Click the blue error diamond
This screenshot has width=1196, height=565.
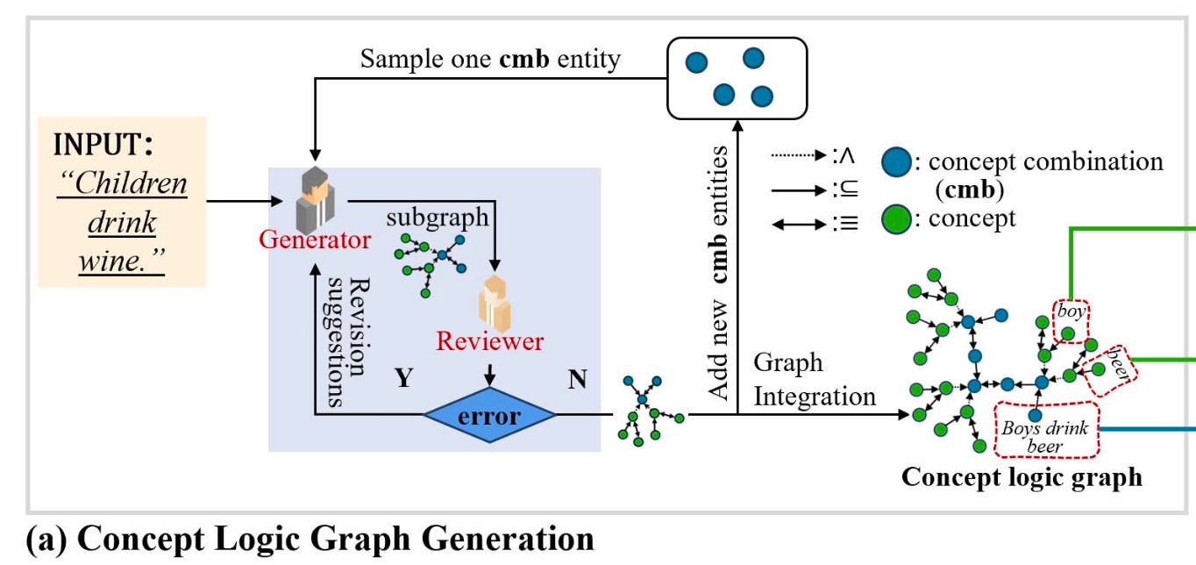click(490, 417)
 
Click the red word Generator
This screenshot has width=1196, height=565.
click(315, 240)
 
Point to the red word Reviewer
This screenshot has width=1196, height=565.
click(490, 341)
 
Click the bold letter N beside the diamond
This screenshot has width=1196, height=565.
click(577, 379)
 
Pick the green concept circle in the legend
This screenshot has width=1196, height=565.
click(893, 218)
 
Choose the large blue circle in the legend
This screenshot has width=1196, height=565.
click(895, 162)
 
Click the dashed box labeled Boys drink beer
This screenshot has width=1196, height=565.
click(1045, 429)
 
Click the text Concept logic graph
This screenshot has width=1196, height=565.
click(1022, 476)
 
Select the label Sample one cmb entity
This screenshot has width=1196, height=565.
click(490, 59)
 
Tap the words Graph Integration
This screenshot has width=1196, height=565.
click(814, 379)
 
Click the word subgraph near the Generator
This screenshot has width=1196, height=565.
click(438, 217)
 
